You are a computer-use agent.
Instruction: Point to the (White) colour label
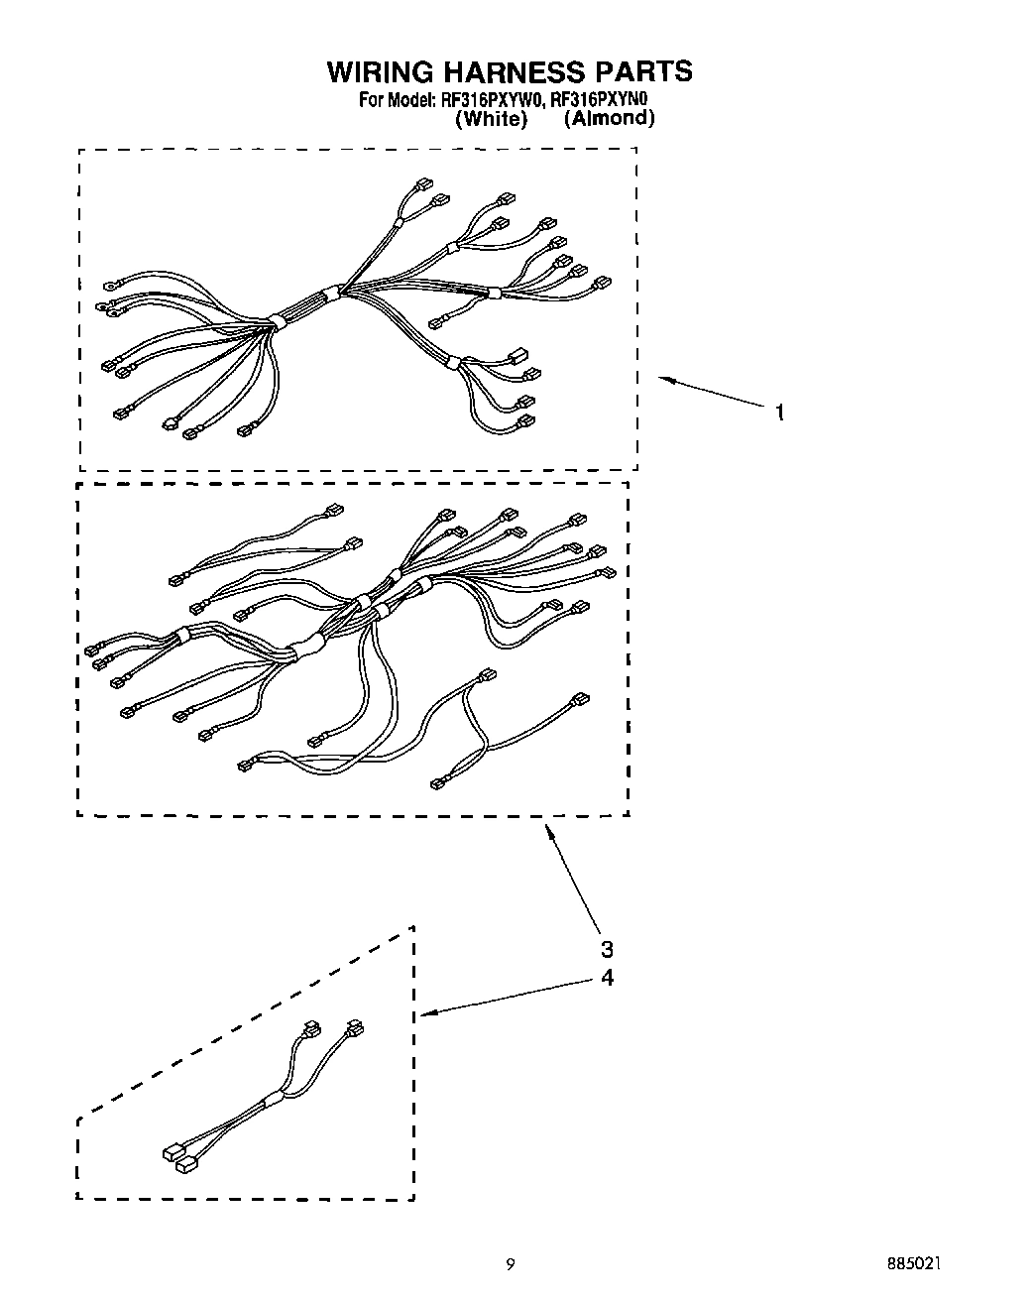point(491,119)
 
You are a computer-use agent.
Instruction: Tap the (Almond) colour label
point(609,118)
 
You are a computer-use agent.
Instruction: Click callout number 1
point(780,413)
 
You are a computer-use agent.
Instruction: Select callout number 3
point(607,947)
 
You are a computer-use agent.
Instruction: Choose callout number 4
point(607,978)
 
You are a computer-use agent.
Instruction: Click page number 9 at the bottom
point(511,1264)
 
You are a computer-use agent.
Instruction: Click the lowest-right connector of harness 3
point(437,784)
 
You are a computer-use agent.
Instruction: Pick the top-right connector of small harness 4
point(354,1028)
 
